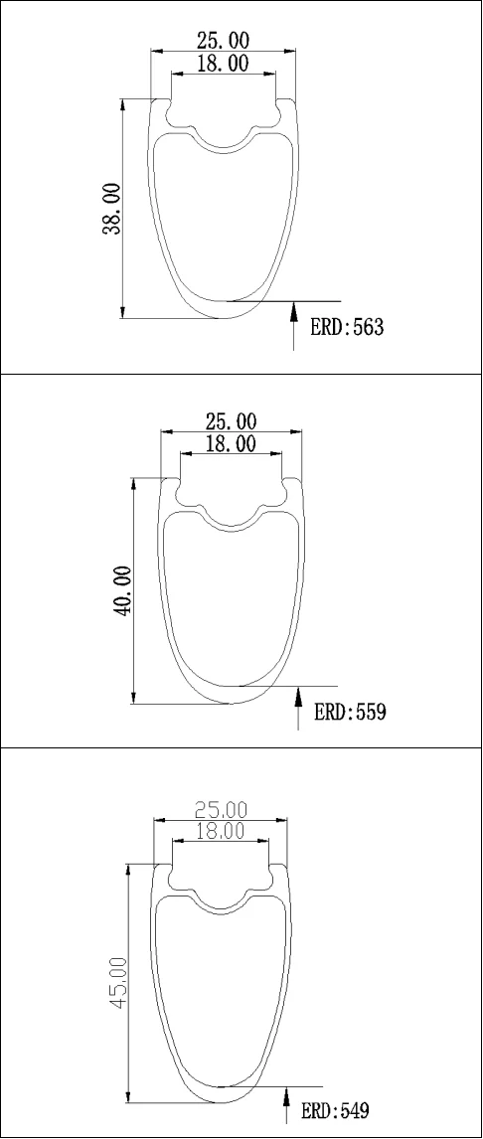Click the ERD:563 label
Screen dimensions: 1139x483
click(347, 328)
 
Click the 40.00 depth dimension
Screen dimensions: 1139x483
click(123, 591)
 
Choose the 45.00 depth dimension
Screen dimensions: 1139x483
click(117, 983)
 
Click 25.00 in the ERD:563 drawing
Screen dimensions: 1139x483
click(223, 41)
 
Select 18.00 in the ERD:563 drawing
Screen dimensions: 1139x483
click(223, 64)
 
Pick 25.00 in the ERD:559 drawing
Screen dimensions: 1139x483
click(231, 421)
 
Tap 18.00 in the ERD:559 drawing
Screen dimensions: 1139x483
click(231, 443)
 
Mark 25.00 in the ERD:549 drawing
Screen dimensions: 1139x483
click(221, 810)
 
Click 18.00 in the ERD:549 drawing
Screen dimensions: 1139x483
click(221, 832)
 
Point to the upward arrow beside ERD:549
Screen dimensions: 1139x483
click(287, 1104)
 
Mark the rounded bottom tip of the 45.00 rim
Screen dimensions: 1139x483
click(221, 1102)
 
